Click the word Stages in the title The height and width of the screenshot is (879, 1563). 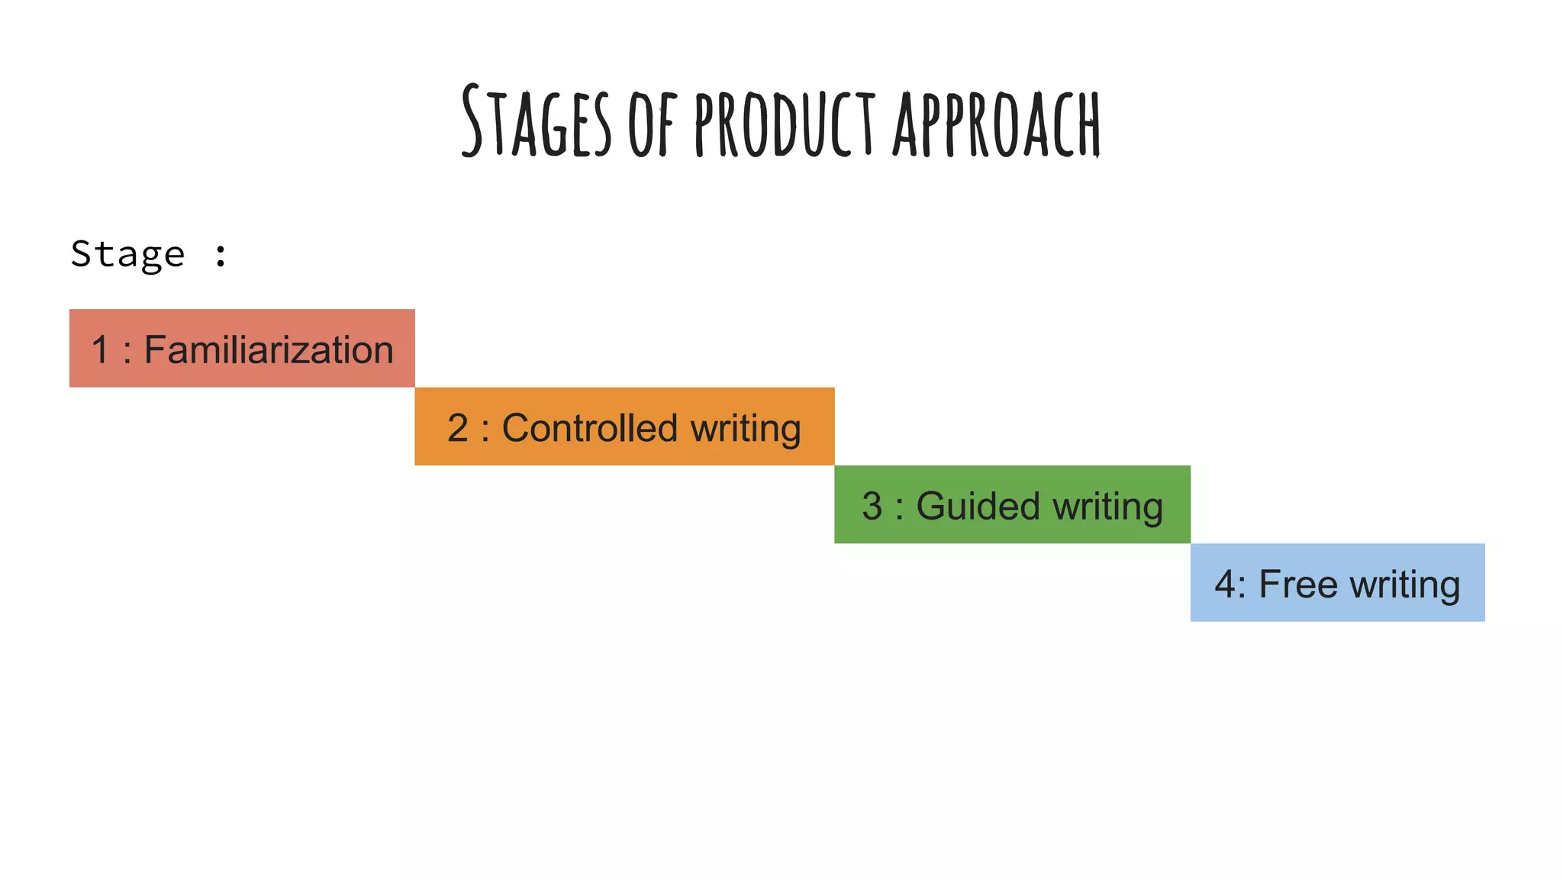[x=537, y=122]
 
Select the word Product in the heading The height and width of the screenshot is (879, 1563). [x=785, y=124]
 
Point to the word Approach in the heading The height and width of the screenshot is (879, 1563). [x=997, y=124]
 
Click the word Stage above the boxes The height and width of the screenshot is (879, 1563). [x=127, y=254]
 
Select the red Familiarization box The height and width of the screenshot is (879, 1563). [x=242, y=348]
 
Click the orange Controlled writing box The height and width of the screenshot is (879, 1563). [x=624, y=427]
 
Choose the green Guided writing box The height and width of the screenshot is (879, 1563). [x=1012, y=504]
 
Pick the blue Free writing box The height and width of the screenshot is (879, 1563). [x=1337, y=582]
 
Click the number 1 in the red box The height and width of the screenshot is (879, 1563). [x=100, y=350]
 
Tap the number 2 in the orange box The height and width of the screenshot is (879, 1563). [x=458, y=428]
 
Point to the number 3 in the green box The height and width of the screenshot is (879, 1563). [x=872, y=506]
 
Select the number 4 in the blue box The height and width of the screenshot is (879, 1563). [x=1225, y=584]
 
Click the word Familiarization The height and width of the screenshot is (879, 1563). [x=269, y=350]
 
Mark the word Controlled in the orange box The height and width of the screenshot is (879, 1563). [x=589, y=428]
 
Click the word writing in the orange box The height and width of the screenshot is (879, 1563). [x=746, y=429]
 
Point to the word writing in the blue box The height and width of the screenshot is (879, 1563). [x=1405, y=585]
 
